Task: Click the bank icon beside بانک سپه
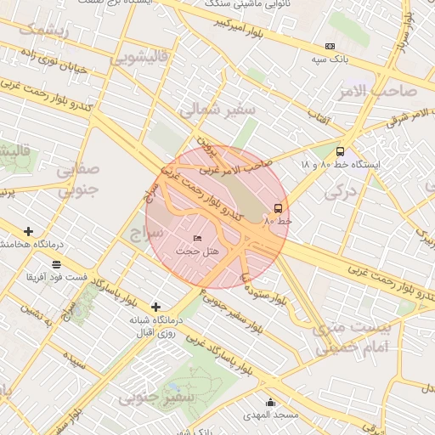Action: click(x=330, y=47)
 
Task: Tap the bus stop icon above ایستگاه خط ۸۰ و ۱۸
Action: click(x=341, y=151)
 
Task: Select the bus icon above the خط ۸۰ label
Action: click(x=278, y=208)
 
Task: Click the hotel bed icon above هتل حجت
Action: click(x=198, y=239)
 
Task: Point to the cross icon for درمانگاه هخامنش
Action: click(x=29, y=231)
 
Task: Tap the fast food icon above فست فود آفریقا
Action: click(x=56, y=264)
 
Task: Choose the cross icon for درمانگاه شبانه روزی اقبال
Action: click(x=155, y=307)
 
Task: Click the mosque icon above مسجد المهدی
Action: click(x=270, y=403)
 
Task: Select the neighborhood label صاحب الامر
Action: click(x=383, y=90)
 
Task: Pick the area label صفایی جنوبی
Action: click(x=78, y=179)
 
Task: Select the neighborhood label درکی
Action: click(x=342, y=193)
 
